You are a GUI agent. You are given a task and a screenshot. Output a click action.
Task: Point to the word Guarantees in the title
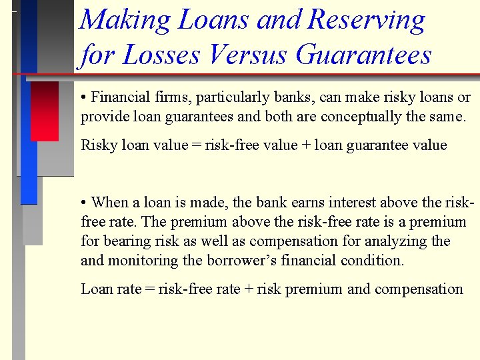point(363,55)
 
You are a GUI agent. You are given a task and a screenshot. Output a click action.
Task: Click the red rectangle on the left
point(44,111)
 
